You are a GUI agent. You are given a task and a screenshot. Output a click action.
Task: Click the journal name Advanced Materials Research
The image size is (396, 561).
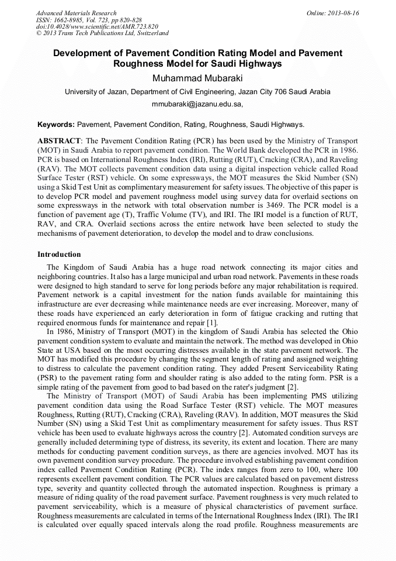pyautogui.click(x=76, y=13)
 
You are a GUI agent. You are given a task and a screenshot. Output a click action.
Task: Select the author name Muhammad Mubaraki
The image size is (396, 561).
pyautogui.click(x=197, y=78)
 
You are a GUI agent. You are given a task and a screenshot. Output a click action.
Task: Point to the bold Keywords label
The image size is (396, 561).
pyautogui.click(x=56, y=125)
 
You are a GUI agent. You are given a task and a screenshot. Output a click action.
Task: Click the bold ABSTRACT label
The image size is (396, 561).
pyautogui.click(x=59, y=141)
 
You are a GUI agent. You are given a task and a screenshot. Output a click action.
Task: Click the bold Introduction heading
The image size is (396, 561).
pyautogui.click(x=59, y=254)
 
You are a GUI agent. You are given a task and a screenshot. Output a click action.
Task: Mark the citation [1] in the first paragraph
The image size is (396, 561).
pyautogui.click(x=213, y=322)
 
